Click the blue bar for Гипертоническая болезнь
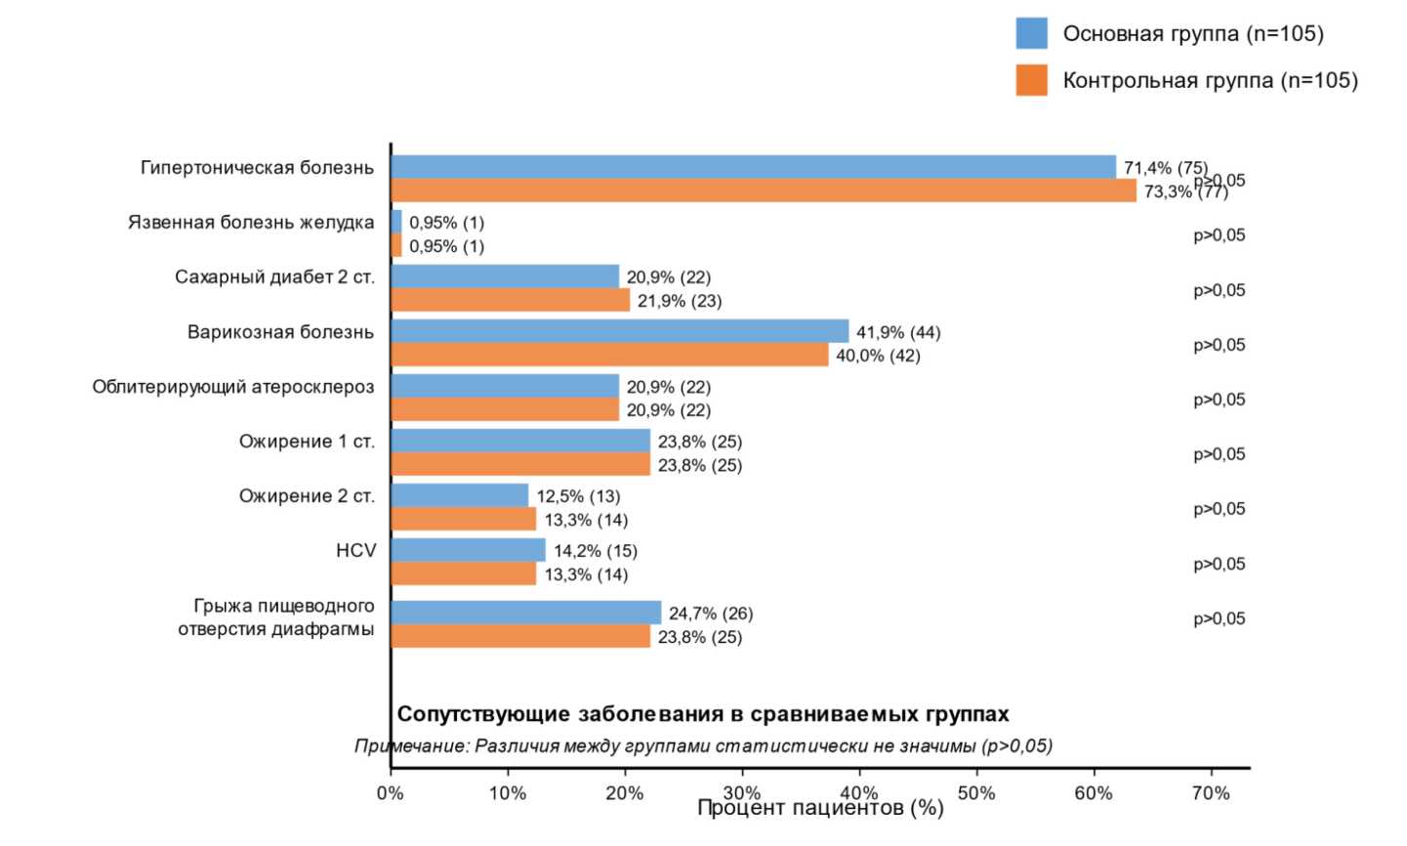752,167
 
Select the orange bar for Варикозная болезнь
609,356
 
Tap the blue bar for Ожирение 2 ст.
459,495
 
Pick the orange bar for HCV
463,574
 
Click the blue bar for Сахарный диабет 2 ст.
505,276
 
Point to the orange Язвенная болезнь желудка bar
396,246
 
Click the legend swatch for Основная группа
1031,33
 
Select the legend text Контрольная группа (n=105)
1210,80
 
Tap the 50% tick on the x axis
976,792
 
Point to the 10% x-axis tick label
507,792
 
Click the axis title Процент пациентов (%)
820,809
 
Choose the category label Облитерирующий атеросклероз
233,387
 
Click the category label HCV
355,551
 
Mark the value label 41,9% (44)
898,332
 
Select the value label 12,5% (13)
578,496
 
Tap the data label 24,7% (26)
711,613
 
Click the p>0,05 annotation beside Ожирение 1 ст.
1219,454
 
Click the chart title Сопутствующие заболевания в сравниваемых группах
703,714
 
